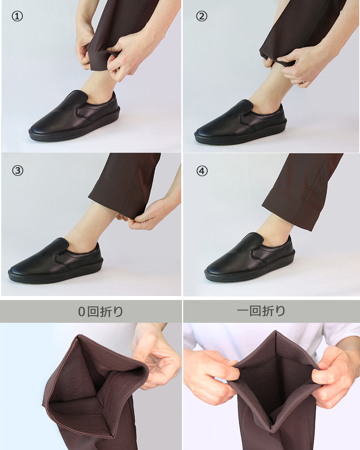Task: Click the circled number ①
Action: (17, 16)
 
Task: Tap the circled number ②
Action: (202, 16)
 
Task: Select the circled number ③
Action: (18, 171)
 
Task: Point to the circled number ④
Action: (202, 171)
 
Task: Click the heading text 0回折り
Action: (100, 311)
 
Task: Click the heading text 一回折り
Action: (261, 311)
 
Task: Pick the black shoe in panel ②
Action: (240, 122)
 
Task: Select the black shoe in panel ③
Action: (56, 260)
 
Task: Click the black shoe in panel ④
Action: (250, 258)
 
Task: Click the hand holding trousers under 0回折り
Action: (156, 356)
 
